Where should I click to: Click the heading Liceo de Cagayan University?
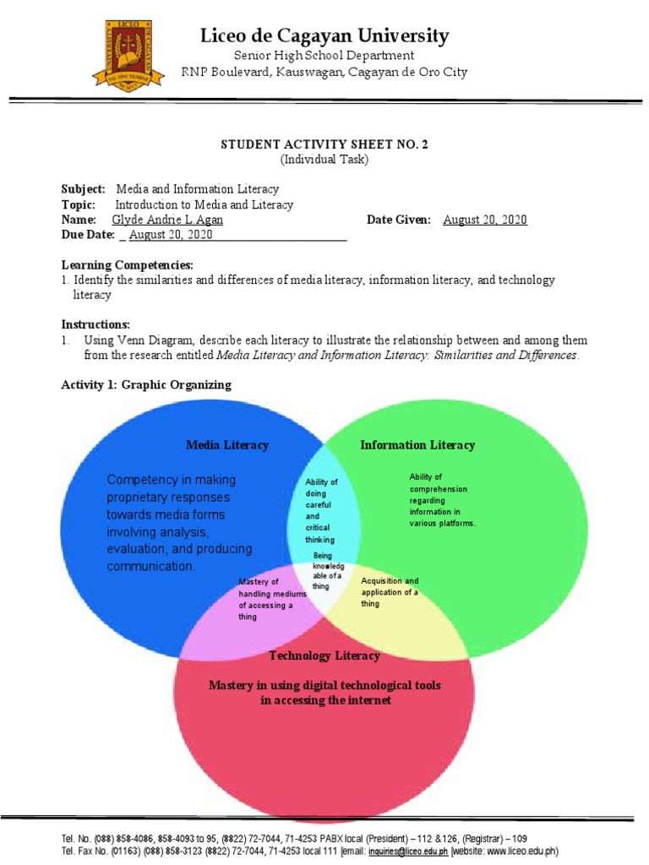[324, 35]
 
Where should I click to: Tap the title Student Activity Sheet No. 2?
[324, 144]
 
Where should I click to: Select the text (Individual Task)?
[324, 159]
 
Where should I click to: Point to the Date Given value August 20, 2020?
[484, 220]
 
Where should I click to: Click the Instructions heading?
[95, 324]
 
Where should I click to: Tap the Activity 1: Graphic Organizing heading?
[145, 385]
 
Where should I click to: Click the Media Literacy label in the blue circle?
[227, 445]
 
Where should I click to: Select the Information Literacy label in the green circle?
[417, 445]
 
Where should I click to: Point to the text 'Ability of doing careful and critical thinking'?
[321, 510]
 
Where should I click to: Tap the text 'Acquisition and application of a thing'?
[390, 592]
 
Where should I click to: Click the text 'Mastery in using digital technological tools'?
[324, 685]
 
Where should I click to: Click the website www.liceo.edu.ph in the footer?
[526, 851]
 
